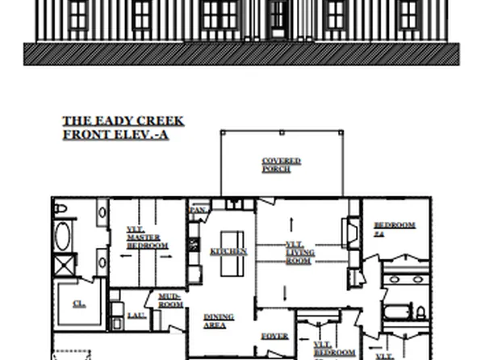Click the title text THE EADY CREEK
pos(123,122)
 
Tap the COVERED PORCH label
pos(281,165)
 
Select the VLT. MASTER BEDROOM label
pos(147,237)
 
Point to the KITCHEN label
pos(228,252)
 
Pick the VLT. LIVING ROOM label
pos(299,252)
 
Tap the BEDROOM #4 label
pos(394,228)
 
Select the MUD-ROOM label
pos(169,299)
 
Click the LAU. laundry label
pos(136,315)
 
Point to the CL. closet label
pos(79,304)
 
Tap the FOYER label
pos(274,336)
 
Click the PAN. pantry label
pos(198,211)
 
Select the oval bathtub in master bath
pos(64,237)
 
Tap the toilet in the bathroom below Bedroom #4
pos(419,312)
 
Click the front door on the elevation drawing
pos(278,19)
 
